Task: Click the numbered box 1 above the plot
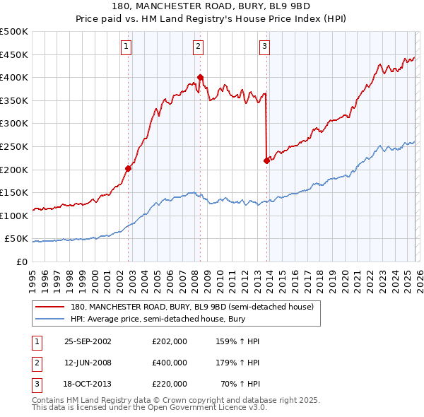click(x=126, y=47)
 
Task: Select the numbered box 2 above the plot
click(x=197, y=47)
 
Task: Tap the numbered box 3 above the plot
click(x=264, y=47)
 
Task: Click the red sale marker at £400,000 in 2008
click(x=200, y=77)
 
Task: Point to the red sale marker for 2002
click(x=129, y=168)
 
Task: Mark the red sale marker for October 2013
click(x=266, y=160)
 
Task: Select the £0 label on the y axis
click(x=21, y=262)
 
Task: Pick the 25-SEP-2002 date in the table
click(x=88, y=341)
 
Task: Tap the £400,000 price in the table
click(x=170, y=363)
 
